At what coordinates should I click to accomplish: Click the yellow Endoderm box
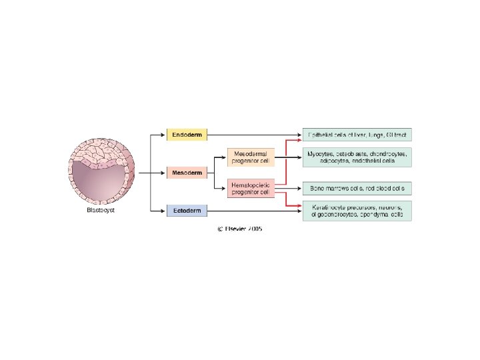(187, 135)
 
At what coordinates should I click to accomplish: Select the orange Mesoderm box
(187, 173)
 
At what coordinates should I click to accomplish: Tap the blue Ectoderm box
(187, 211)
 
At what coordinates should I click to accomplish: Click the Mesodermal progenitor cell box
(250, 156)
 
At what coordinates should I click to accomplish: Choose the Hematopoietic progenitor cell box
(250, 188)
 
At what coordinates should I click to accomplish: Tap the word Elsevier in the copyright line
(236, 229)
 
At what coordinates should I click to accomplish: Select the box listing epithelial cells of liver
(357, 135)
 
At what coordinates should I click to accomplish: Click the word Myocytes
(319, 153)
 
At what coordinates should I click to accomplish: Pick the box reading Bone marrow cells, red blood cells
(357, 188)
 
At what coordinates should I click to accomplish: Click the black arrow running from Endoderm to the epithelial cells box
(253, 135)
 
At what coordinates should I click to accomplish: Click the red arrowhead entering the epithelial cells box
(299, 141)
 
